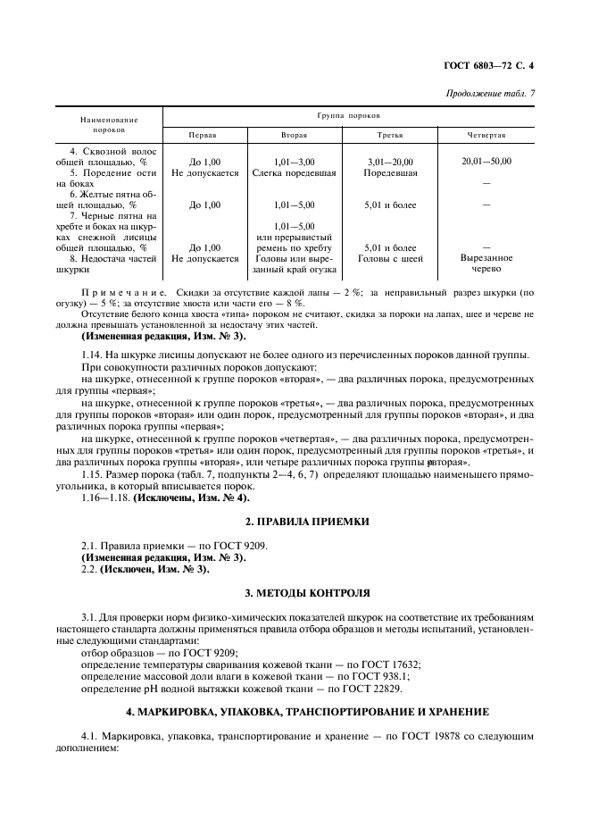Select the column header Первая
point(202,135)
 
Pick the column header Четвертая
point(486,135)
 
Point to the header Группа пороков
point(347,116)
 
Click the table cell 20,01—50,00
point(486,161)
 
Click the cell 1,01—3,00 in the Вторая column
point(295,161)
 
